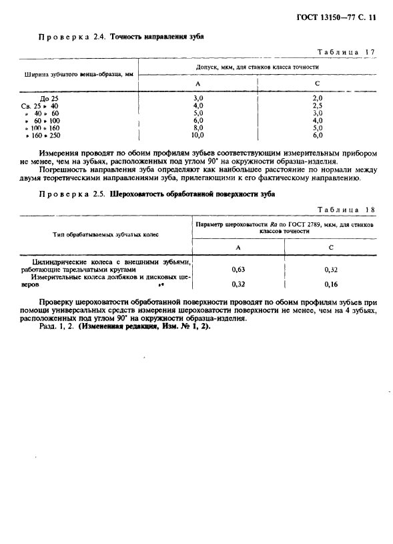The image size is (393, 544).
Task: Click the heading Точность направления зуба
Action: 157,37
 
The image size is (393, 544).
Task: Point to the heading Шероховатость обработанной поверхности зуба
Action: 191,194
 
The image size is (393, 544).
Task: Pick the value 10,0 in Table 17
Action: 197,135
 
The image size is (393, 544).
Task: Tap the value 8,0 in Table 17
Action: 197,127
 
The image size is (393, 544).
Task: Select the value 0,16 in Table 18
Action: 330,284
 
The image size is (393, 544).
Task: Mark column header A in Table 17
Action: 197,83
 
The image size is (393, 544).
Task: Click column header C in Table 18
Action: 330,247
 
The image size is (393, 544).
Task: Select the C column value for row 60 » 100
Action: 318,120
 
